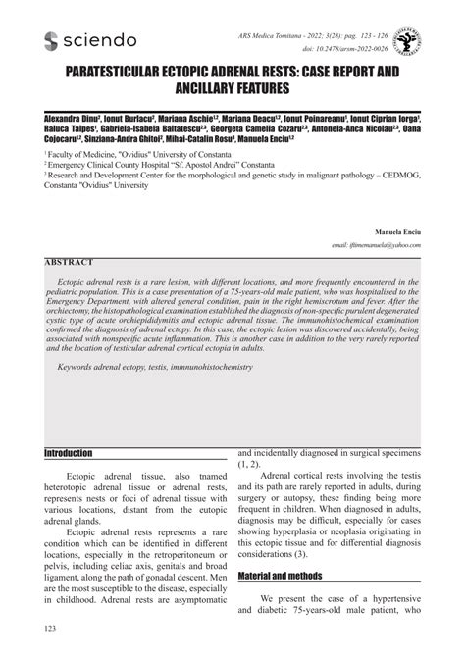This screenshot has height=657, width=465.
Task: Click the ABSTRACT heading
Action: pos(69,263)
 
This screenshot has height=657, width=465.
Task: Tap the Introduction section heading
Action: pos(69,454)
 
